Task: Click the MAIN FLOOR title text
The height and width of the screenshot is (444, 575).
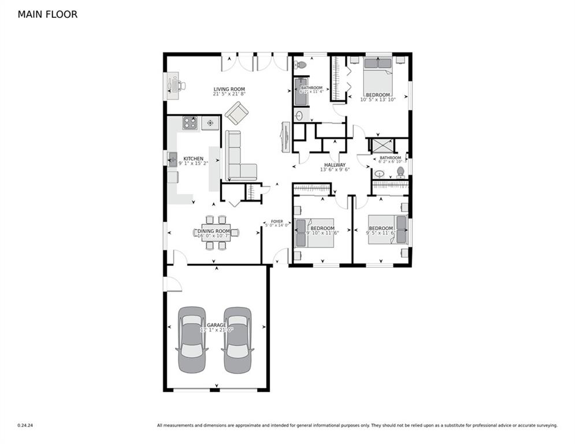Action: pos(47,14)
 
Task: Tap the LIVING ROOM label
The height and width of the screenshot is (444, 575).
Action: pos(229,89)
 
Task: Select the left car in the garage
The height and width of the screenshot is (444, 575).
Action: pos(192,339)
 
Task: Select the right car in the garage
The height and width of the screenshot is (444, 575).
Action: pos(238,339)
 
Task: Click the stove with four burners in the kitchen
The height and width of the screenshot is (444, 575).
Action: pos(190,123)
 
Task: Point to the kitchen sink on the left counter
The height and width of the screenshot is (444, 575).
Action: pos(172,158)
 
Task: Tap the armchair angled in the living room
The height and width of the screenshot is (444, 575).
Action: pos(236,113)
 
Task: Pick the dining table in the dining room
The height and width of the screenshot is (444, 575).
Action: pos(216,232)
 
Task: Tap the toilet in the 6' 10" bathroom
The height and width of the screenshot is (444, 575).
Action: pos(400,172)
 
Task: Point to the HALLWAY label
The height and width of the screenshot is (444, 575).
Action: pos(335,165)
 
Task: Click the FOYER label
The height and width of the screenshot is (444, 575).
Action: pos(277,221)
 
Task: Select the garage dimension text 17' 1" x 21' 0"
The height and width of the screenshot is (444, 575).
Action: pos(216,330)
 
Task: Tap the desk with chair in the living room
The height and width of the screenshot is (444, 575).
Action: pos(175,84)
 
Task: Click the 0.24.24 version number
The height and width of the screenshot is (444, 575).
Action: pos(25,425)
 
